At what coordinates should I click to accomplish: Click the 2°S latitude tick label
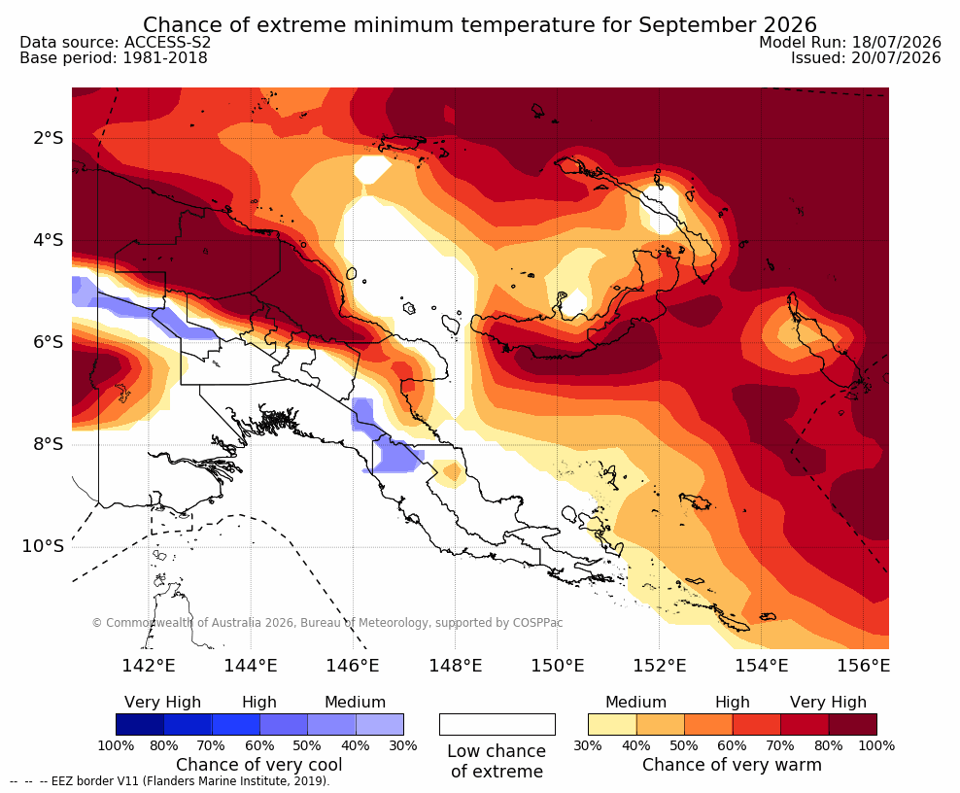coord(48,138)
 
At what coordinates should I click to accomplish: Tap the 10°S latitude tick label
coord(43,546)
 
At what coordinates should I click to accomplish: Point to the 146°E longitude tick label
coord(353,665)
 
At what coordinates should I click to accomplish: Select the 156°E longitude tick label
coord(863,665)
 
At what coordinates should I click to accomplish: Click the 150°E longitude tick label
coord(557,665)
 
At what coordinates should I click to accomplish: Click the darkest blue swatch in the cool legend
coord(140,724)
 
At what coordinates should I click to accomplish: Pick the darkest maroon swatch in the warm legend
coord(853,724)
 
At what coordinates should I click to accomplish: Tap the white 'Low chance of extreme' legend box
coord(497,724)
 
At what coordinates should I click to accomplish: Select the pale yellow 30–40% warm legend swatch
coord(612,724)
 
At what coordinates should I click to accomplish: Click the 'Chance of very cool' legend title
coord(259,765)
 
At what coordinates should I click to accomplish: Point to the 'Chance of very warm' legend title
coord(732,765)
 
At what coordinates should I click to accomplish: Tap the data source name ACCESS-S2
coord(167,42)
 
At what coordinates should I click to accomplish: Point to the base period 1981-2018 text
coord(165,57)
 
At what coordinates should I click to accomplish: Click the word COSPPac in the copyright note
coord(537,623)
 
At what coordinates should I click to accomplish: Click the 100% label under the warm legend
coord(876,745)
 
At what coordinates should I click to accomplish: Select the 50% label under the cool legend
coord(307,745)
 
